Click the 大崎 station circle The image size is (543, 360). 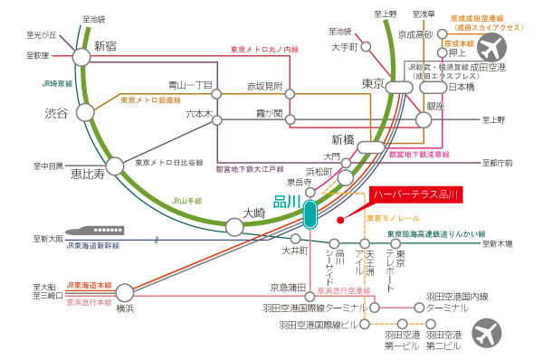tap(235, 227)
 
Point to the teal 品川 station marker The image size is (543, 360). tap(310, 214)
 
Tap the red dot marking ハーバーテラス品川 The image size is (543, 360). tap(338, 218)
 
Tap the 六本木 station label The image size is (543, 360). tap(198, 115)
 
